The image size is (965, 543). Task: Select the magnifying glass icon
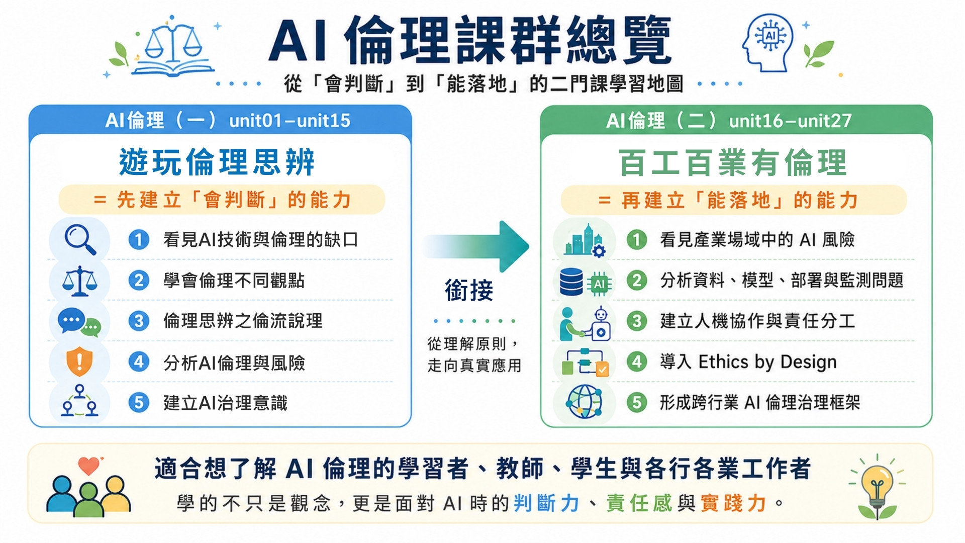tap(80, 240)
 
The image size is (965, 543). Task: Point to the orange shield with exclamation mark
tap(79, 361)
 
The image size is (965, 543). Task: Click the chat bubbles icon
tap(79, 322)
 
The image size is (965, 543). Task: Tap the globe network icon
tap(584, 402)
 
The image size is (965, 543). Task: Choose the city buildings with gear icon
tap(585, 240)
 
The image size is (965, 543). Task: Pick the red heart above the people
tap(89, 466)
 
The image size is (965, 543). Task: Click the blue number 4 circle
tap(139, 361)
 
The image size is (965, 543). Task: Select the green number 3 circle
tap(637, 321)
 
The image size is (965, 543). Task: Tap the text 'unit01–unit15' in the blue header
tap(289, 121)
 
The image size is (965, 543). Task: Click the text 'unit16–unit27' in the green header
tap(791, 121)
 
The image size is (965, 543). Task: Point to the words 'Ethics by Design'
tap(767, 362)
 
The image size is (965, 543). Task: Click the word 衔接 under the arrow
tap(469, 291)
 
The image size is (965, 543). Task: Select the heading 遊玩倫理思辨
tap(217, 162)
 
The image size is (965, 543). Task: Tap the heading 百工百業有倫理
tap(733, 163)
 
